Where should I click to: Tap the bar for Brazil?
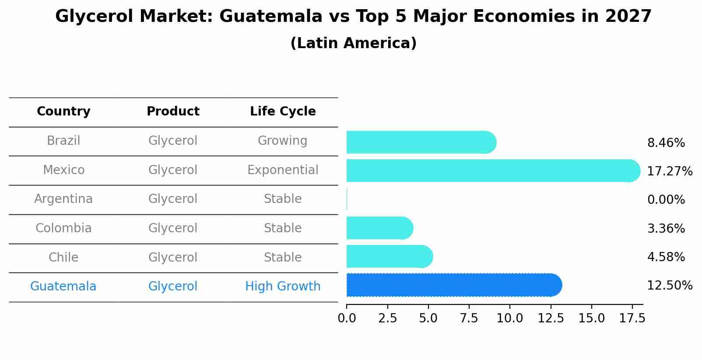(x=421, y=142)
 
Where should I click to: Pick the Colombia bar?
(x=379, y=228)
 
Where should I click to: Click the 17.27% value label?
(x=669, y=171)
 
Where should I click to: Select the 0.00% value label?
(x=666, y=200)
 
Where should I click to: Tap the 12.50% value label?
(x=669, y=286)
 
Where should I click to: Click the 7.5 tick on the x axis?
(x=469, y=318)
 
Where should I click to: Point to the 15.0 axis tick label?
(x=591, y=318)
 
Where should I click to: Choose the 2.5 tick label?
(x=387, y=318)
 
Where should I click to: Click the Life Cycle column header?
(x=283, y=112)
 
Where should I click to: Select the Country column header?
(x=63, y=112)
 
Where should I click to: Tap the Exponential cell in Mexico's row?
(x=283, y=170)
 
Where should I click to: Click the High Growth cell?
(x=283, y=287)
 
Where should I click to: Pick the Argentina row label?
(x=63, y=199)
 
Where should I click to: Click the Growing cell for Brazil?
(x=283, y=141)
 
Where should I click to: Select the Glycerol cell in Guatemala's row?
(x=173, y=287)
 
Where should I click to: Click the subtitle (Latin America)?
(x=353, y=43)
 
